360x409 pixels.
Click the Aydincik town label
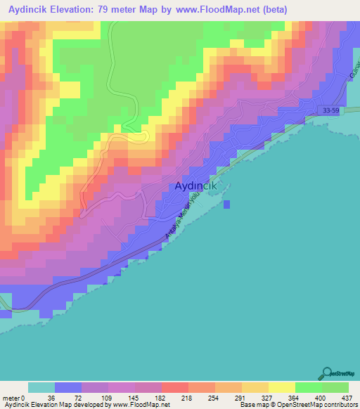193,186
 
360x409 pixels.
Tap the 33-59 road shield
330,111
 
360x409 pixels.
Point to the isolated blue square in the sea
227,204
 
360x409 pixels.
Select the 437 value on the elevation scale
347,397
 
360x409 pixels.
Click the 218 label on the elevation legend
187,397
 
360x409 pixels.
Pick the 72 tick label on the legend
81,397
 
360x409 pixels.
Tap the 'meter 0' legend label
15,397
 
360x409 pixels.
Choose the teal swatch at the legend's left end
41,387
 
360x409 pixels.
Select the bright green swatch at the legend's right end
335,387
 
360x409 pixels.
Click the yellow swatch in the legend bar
281,387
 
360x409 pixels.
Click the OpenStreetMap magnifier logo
326,374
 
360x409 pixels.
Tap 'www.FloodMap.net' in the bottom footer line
141,405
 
